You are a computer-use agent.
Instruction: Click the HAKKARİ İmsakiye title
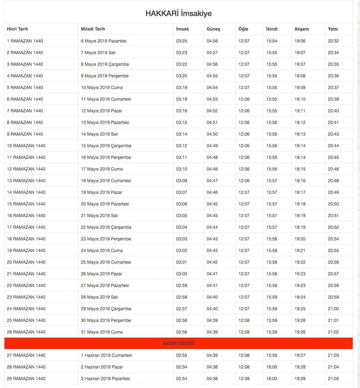(x=179, y=13)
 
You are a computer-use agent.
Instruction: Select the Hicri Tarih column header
(x=18, y=29)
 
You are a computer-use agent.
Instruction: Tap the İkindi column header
(x=272, y=29)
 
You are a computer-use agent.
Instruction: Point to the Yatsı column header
(x=333, y=29)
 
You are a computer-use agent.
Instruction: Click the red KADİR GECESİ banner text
(x=178, y=343)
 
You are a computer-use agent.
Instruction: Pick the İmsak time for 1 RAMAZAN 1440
(x=181, y=41)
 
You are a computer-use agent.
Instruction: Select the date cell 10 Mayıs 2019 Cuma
(x=102, y=88)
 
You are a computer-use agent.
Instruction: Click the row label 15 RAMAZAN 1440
(x=26, y=204)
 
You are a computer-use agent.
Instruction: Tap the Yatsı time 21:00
(x=333, y=309)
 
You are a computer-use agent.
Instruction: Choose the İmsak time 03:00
(x=181, y=274)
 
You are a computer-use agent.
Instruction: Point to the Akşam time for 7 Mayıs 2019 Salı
(x=300, y=53)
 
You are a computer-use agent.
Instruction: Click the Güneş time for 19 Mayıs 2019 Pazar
(x=212, y=192)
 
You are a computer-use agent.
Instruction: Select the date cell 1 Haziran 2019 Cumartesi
(x=106, y=355)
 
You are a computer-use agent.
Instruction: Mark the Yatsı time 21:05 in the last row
(x=333, y=379)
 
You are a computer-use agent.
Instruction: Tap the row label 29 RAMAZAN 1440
(x=26, y=379)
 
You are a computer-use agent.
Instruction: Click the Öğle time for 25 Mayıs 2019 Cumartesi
(x=244, y=262)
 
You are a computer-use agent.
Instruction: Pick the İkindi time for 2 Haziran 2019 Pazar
(x=272, y=367)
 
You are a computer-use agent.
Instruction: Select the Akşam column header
(x=301, y=29)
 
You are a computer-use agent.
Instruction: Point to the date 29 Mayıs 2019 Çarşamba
(x=106, y=309)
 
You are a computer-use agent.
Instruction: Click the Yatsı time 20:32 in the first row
(x=333, y=41)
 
